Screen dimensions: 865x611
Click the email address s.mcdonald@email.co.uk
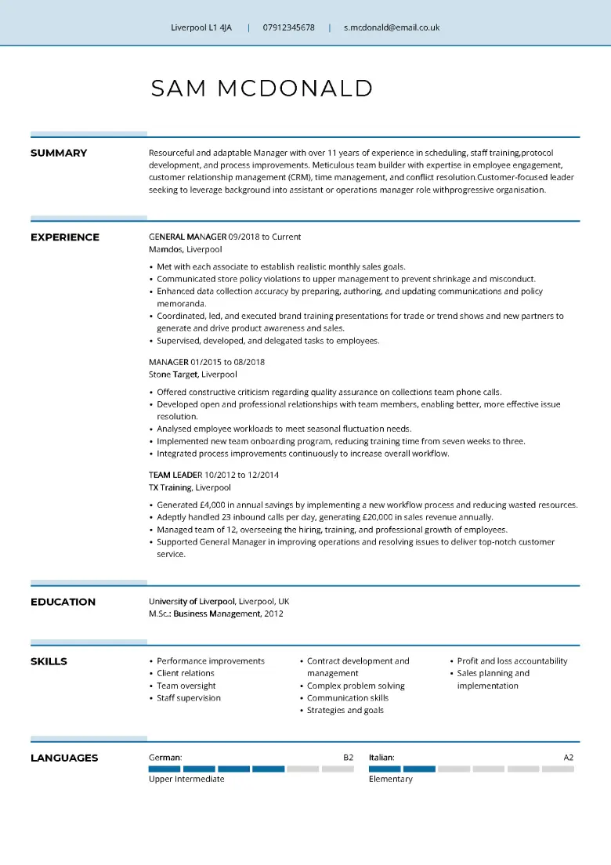click(392, 27)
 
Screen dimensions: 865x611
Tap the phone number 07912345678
click(288, 27)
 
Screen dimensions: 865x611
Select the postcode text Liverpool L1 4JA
click(201, 27)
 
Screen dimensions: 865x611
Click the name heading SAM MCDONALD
click(262, 89)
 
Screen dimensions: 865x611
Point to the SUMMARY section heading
click(59, 153)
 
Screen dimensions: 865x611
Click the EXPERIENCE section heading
click(65, 237)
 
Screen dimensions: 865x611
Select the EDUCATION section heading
click(63, 602)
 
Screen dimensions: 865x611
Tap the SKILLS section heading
click(49, 661)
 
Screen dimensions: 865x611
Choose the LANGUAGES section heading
click(64, 758)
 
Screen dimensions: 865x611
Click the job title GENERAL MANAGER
click(187, 237)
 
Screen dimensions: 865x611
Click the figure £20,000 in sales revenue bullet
click(382, 517)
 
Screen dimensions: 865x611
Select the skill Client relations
click(186, 673)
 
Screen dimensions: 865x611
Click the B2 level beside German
click(349, 758)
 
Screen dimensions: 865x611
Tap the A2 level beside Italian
click(569, 758)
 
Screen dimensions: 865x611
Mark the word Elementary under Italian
click(390, 779)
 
